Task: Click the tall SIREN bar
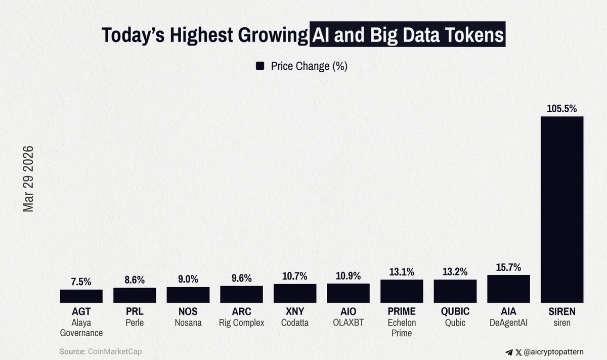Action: click(x=561, y=210)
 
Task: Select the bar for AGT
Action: click(x=81, y=296)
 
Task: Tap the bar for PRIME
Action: click(x=402, y=291)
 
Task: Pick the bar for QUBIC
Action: click(x=455, y=291)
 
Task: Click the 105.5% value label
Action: click(x=561, y=109)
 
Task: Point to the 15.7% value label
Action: click(x=508, y=267)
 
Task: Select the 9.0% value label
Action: click(x=188, y=279)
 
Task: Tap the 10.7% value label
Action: click(x=295, y=276)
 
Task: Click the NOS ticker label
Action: click(x=188, y=312)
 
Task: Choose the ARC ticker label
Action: click(x=241, y=312)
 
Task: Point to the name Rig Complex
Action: click(x=241, y=323)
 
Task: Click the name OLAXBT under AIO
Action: click(x=348, y=323)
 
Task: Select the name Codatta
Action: click(x=295, y=323)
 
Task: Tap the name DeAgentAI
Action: click(x=508, y=323)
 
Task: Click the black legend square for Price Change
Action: click(x=261, y=66)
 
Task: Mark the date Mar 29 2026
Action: click(x=28, y=179)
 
